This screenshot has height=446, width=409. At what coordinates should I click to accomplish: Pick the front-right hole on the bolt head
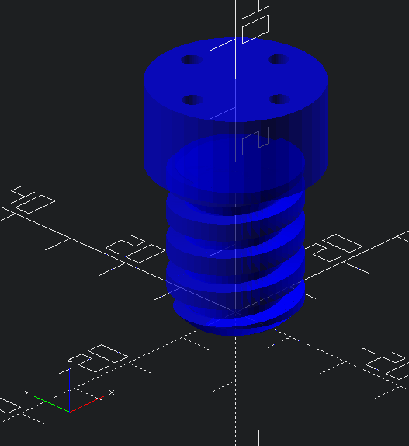click(280, 99)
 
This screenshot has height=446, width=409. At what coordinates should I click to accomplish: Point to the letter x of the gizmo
click(112, 393)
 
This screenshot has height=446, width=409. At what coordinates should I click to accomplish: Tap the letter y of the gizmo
click(28, 393)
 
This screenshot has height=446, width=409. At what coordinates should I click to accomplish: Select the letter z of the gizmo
click(71, 358)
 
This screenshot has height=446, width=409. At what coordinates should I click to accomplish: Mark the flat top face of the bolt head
click(233, 78)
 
